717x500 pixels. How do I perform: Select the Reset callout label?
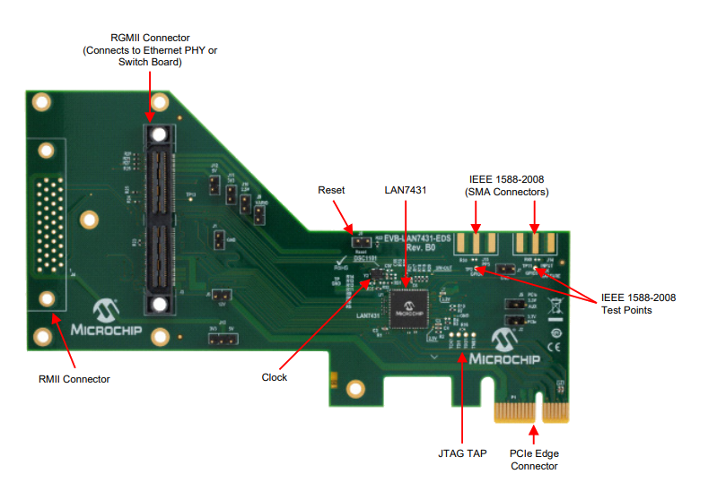pyautogui.click(x=332, y=190)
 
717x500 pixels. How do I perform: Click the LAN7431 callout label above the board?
pyautogui.click(x=407, y=190)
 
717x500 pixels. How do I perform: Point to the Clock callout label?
pyautogui.click(x=275, y=377)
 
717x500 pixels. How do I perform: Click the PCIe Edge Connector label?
pyautogui.click(x=534, y=460)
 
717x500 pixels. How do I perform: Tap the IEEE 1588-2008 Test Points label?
pyautogui.click(x=638, y=304)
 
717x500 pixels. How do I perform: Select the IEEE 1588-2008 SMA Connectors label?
pyautogui.click(x=507, y=185)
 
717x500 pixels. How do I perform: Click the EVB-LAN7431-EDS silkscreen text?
pyautogui.click(x=411, y=238)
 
